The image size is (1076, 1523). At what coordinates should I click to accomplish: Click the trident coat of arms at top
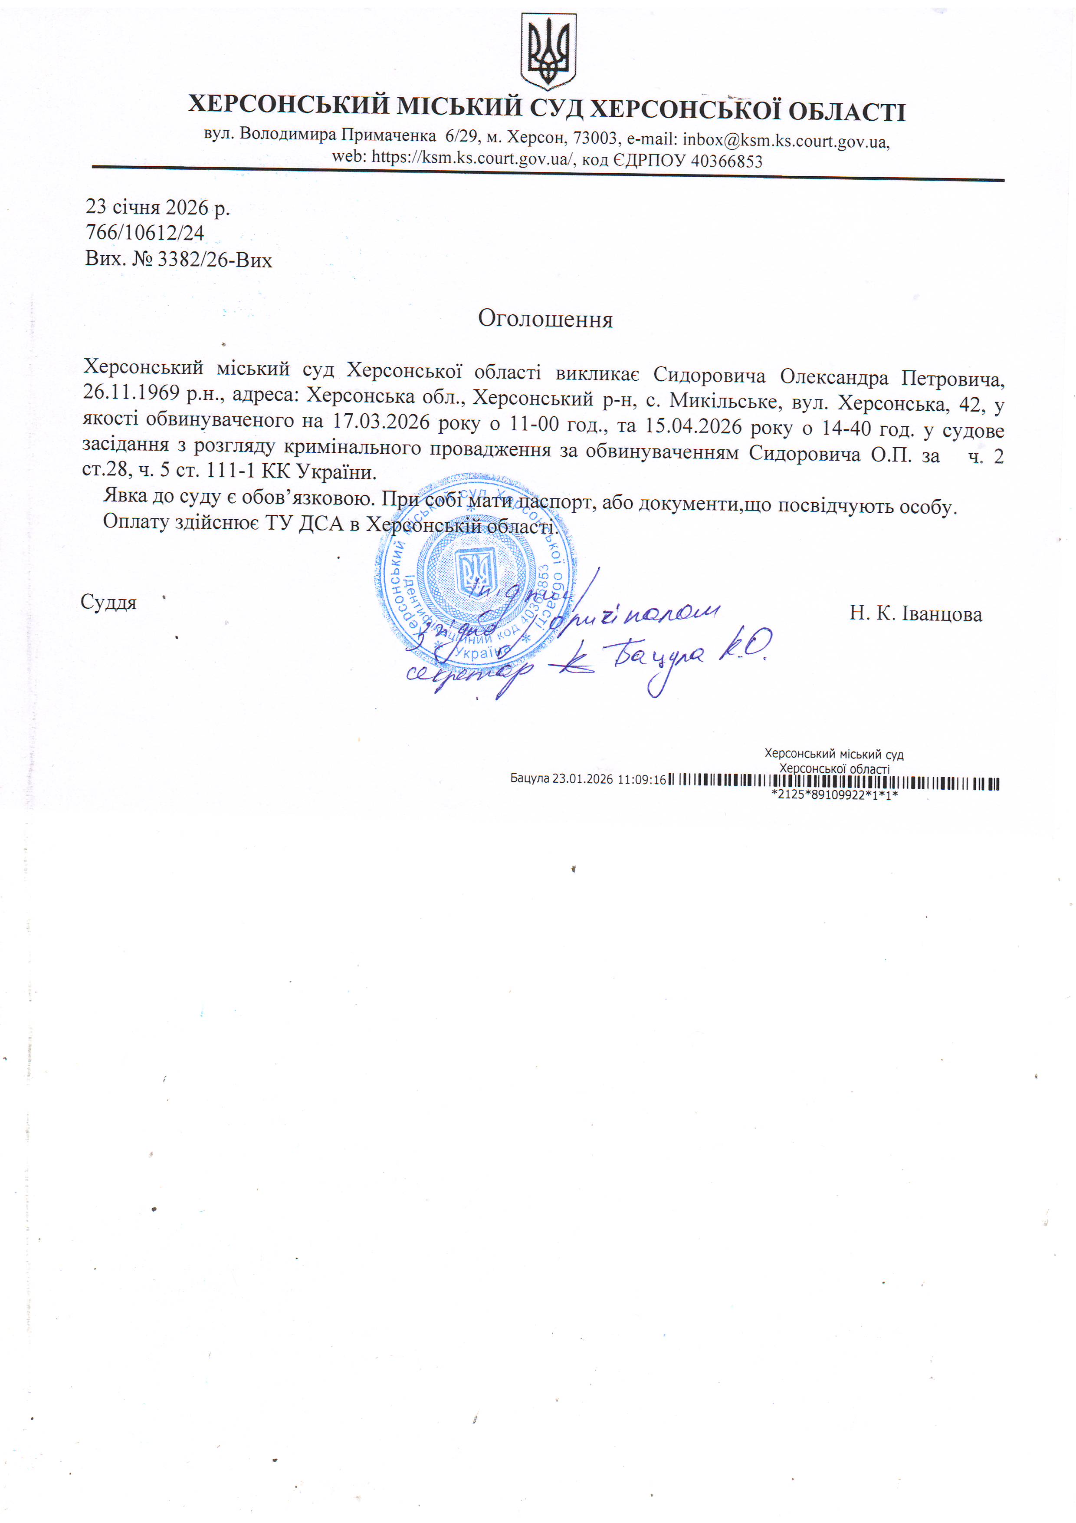[x=548, y=52]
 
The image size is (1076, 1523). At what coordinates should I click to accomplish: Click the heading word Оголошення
[x=545, y=319]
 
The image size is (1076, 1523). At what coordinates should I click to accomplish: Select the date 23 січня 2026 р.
[x=158, y=208]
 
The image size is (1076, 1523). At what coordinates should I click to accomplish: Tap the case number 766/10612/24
[x=144, y=233]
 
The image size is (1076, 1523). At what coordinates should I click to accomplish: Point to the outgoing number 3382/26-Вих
[x=214, y=259]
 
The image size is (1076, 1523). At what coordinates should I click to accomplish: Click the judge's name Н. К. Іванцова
[x=915, y=613]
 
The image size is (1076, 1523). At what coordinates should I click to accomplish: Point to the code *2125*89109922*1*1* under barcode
[x=834, y=794]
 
